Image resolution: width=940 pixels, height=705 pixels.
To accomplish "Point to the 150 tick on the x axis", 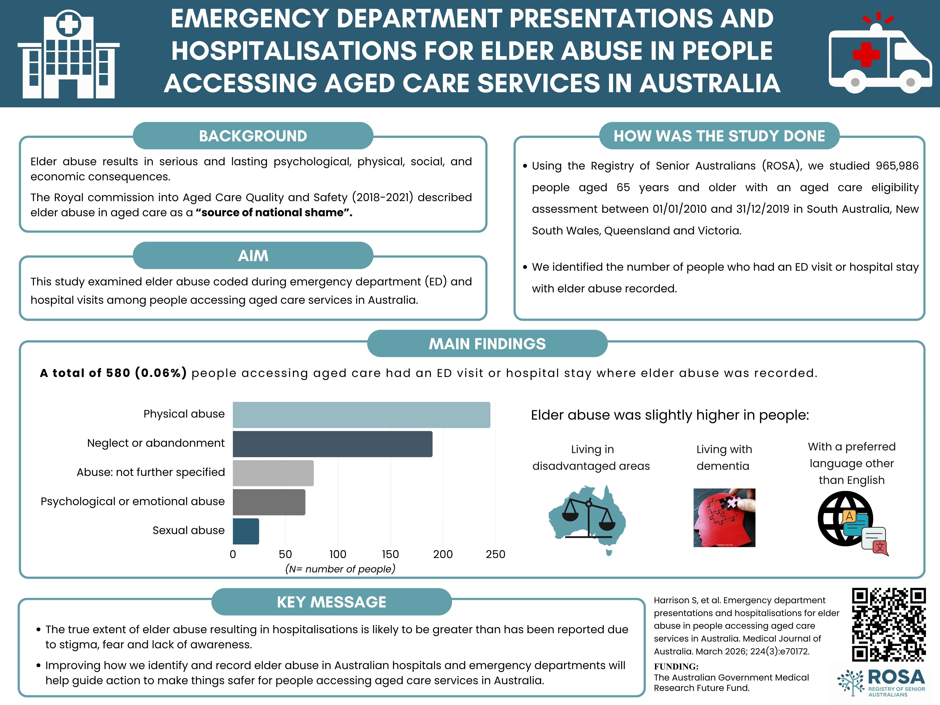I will click(390, 554).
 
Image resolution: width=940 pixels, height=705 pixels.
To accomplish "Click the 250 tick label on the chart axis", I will click(495, 554).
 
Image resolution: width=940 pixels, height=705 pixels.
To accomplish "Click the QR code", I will click(889, 625).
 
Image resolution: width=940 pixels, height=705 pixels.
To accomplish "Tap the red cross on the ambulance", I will click(866, 54).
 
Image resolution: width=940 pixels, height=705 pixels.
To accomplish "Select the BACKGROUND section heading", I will click(253, 136).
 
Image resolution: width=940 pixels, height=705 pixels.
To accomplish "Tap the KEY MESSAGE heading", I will click(331, 602).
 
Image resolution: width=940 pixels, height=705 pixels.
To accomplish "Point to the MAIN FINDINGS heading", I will click(487, 343).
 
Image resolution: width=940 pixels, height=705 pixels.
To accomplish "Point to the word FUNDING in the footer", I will click(676, 666).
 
